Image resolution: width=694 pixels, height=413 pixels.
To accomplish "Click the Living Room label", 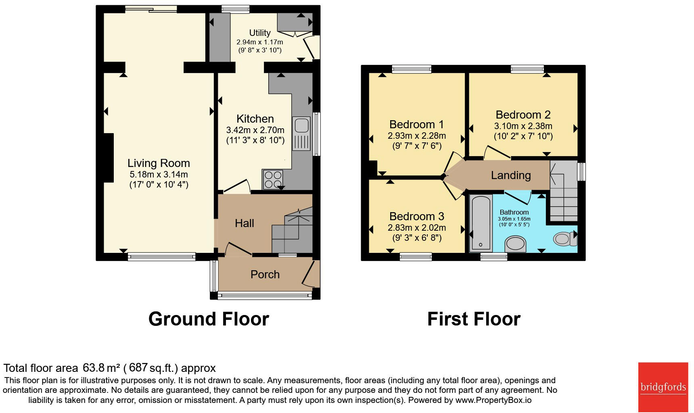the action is point(159,163).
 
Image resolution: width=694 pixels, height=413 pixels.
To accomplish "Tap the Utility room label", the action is point(260,33).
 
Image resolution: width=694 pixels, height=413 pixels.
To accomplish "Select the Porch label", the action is point(265,275).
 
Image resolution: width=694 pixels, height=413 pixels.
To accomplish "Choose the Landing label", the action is point(511,175).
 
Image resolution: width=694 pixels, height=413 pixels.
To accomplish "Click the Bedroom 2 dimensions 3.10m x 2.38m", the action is point(523,126).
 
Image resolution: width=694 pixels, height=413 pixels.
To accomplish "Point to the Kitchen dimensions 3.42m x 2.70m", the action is point(255,130).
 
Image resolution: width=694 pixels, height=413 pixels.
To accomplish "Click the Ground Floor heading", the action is point(209,319).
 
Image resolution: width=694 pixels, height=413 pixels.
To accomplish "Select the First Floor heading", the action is point(474,319).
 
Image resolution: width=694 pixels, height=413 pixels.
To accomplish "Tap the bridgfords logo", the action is point(663,387).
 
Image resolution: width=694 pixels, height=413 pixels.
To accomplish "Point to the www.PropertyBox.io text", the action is point(493,400).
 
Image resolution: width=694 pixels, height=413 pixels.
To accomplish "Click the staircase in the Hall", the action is point(292,230).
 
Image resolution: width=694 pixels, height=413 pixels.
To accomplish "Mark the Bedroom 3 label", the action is point(417,217).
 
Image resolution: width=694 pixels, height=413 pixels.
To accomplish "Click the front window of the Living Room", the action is point(162,257).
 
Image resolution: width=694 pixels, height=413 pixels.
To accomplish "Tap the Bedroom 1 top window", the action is point(412,69).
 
